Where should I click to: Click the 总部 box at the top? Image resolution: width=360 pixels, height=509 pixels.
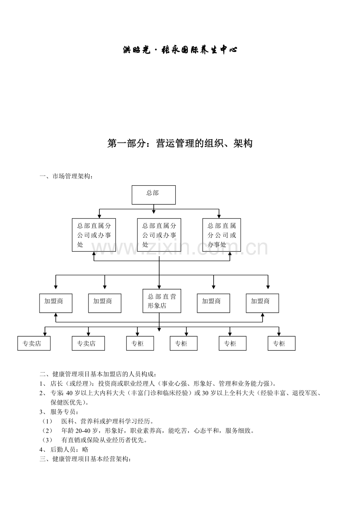(153, 195)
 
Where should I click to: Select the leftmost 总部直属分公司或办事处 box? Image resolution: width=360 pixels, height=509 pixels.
(94, 235)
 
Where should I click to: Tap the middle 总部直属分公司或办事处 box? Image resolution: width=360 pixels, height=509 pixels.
(159, 235)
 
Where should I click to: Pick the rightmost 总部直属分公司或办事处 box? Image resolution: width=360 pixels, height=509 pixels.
(221, 235)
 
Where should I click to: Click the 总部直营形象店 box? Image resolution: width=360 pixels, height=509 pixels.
(162, 301)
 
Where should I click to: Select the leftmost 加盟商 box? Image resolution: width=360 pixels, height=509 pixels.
(56, 303)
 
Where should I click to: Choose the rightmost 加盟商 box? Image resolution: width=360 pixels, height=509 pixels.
(262, 303)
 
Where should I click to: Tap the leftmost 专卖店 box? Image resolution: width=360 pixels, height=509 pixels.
(34, 343)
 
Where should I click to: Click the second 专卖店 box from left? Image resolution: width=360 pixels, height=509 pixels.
(88, 343)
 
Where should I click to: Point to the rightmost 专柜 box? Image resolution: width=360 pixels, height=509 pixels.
(281, 343)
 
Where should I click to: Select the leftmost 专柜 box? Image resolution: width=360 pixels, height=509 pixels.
(140, 343)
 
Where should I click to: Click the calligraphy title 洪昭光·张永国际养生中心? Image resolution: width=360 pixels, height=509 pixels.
(180, 50)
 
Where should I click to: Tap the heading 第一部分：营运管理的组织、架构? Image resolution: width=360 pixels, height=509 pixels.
(180, 143)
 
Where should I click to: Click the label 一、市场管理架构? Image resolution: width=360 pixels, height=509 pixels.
(66, 176)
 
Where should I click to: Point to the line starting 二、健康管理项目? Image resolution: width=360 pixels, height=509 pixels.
(98, 374)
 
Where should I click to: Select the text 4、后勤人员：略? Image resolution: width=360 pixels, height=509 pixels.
(64, 450)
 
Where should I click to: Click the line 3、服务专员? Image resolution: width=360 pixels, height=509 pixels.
(59, 412)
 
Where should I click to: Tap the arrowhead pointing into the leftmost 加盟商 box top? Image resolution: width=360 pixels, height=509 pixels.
(56, 287)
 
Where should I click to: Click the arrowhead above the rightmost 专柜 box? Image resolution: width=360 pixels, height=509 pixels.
(279, 334)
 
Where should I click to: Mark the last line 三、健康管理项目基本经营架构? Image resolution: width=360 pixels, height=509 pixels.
(85, 459)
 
